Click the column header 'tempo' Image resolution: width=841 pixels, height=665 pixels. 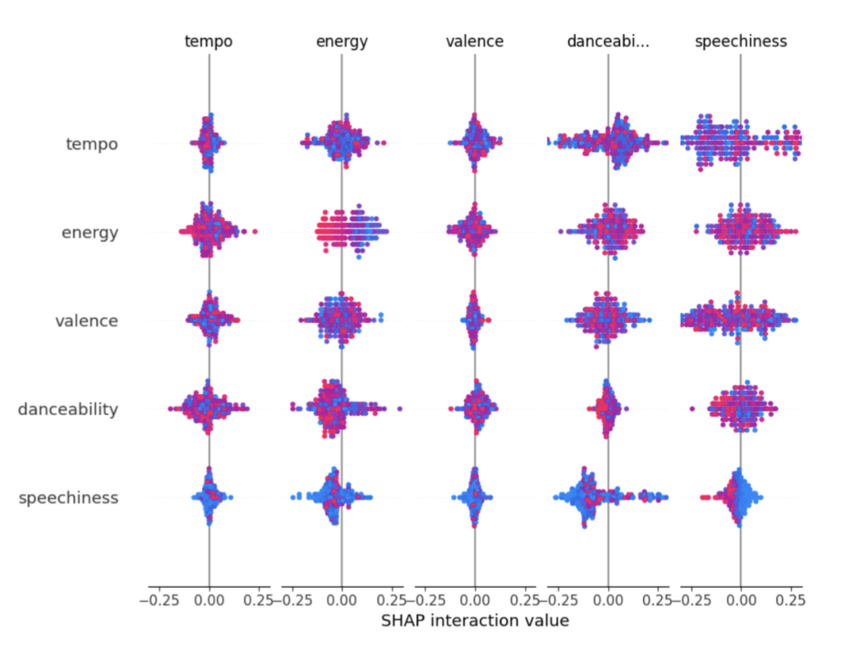209,41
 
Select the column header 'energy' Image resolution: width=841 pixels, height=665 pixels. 342,41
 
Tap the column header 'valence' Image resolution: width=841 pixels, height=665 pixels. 474,41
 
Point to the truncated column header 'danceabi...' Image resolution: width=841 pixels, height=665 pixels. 608,41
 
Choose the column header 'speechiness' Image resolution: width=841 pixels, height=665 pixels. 740,41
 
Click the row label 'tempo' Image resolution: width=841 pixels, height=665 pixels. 91,145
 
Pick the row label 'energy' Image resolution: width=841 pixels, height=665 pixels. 90,233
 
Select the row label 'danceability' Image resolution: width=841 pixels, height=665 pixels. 68,409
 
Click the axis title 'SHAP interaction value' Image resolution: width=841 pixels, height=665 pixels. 475,621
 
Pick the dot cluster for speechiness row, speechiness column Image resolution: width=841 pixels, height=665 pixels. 738,496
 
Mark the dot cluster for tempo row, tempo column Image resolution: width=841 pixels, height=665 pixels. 209,143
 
